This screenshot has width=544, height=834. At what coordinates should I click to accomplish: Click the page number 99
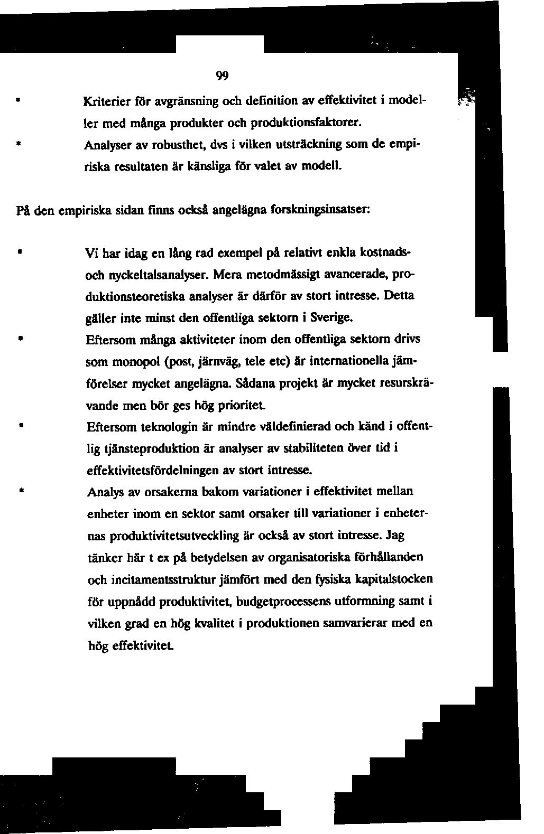222,76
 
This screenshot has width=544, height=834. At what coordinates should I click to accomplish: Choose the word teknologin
171,426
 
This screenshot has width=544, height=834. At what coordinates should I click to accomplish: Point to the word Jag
395,535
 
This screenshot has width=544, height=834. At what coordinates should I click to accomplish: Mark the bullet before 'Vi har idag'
19,252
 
